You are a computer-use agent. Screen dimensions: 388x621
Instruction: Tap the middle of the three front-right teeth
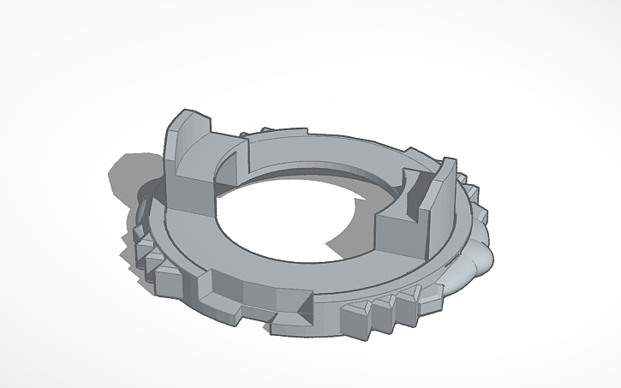(382, 313)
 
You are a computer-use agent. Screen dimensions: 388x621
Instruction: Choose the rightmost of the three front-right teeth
(406, 304)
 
